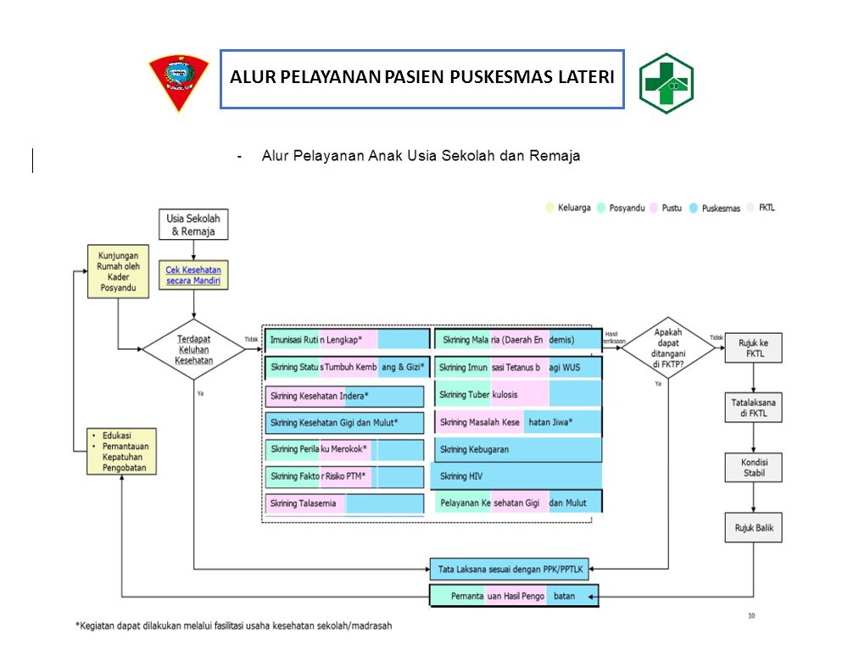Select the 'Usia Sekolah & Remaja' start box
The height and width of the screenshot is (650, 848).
193,225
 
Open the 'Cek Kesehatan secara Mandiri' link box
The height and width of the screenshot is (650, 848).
195,275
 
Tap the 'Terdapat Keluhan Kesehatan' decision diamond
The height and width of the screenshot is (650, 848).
193,348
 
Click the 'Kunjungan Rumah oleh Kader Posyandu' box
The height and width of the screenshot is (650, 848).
118,271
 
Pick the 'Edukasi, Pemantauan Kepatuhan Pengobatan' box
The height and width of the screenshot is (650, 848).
122,451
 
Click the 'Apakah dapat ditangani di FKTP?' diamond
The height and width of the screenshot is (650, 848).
669,347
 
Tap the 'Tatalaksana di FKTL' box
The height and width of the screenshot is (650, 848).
753,407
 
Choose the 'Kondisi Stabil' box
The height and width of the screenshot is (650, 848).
753,467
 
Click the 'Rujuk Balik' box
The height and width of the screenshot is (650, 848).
753,528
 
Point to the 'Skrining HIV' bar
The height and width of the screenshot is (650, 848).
517,476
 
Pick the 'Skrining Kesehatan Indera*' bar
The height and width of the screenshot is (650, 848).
343,396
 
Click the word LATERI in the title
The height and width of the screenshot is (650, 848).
584,78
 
